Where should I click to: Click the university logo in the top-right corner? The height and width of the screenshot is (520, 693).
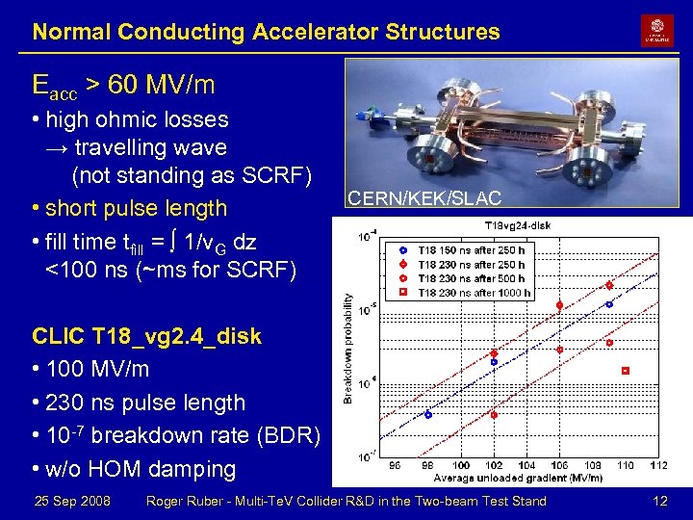click(x=657, y=30)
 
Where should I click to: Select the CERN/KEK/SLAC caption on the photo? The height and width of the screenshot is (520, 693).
click(x=424, y=198)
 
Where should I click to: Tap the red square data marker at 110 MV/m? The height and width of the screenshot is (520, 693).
click(x=626, y=371)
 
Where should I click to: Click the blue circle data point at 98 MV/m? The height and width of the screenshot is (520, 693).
click(x=428, y=415)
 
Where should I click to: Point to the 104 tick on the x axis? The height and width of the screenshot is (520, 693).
click(x=526, y=466)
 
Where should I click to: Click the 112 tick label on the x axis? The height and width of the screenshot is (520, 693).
click(x=657, y=466)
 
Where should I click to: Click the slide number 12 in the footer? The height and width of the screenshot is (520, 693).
click(x=659, y=501)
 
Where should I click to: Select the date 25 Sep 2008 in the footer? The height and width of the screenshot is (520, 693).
click(x=72, y=501)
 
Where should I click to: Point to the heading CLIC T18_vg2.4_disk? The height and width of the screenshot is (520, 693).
click(x=146, y=337)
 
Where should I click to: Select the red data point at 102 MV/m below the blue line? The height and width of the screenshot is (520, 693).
click(x=494, y=415)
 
